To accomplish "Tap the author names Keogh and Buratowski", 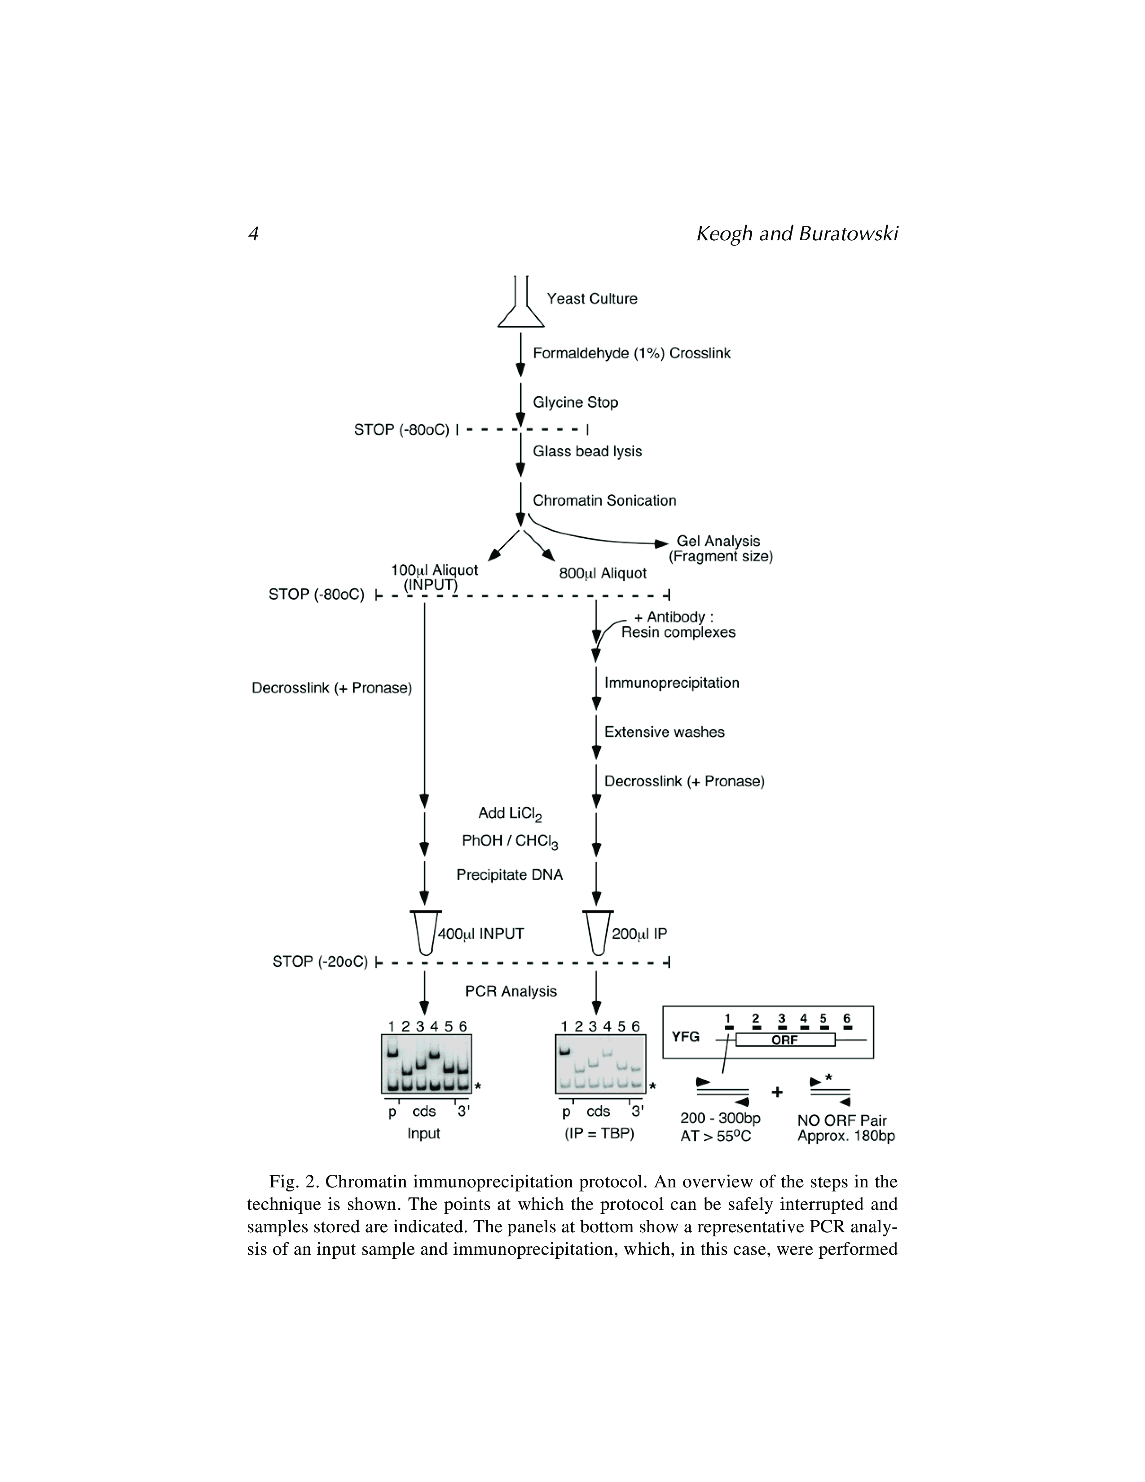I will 797,234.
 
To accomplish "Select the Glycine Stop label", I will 575,402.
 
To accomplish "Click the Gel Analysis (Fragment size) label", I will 720,549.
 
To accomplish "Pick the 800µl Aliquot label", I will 602,573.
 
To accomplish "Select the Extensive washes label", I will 664,732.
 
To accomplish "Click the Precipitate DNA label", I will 510,875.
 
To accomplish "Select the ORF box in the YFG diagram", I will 785,1040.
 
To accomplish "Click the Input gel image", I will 426,1063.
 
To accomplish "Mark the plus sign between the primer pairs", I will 777,1092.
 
